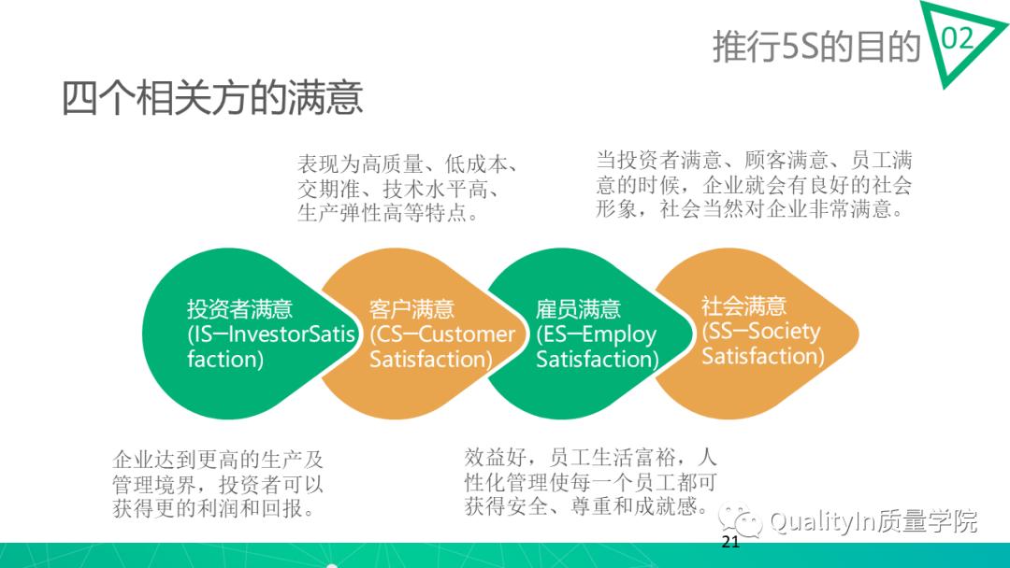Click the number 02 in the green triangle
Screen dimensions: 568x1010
[x=957, y=38]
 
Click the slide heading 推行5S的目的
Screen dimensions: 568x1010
[x=816, y=46]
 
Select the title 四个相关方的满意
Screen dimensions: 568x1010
[x=212, y=98]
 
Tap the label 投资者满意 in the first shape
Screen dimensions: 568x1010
[x=239, y=309]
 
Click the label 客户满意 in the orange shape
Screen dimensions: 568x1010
[x=411, y=309]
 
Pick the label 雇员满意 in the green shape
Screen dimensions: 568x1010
[x=578, y=309]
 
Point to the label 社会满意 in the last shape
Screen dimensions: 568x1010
[x=744, y=305]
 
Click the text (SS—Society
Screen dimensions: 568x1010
[x=760, y=331]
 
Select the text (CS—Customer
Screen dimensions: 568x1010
[x=442, y=334]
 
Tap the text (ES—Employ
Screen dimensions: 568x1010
[x=597, y=334]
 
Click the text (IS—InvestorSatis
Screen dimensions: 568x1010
[x=271, y=334]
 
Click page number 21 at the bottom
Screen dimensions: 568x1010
[x=730, y=544]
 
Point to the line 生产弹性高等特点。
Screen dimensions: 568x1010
[x=388, y=213]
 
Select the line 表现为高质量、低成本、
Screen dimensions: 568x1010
[x=407, y=164]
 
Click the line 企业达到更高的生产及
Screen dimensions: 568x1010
[x=217, y=461]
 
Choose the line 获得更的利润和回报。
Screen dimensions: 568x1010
[x=212, y=510]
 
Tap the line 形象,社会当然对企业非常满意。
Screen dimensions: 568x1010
[x=749, y=209]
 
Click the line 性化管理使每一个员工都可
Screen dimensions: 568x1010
[x=590, y=482]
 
